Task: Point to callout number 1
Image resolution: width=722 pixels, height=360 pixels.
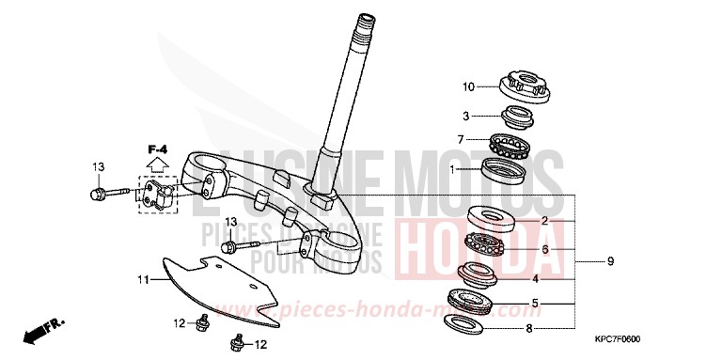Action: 453,169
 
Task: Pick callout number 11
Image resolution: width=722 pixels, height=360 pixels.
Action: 143,279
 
